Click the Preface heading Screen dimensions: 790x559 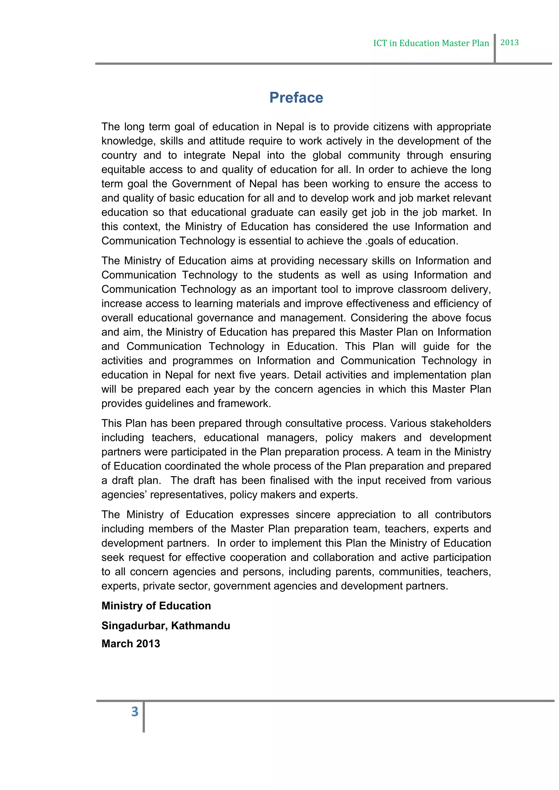pyautogui.click(x=296, y=98)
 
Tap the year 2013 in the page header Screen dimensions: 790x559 pyautogui.click(x=509, y=42)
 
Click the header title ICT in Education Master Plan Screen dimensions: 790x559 pyautogui.click(x=431, y=43)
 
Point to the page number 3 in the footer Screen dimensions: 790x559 pyautogui.click(x=135, y=711)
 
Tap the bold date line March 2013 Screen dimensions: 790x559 pyautogui.click(x=131, y=644)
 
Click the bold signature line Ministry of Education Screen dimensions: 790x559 pyautogui.click(x=156, y=606)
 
